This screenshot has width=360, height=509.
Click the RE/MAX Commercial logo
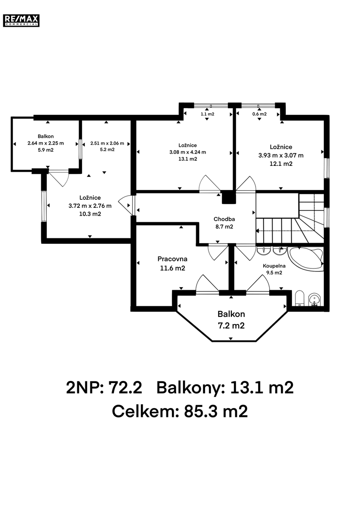click(x=21, y=20)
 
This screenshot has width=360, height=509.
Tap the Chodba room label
click(x=224, y=219)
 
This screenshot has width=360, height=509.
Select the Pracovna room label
click(x=172, y=259)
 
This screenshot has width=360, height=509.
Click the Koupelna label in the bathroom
click(x=274, y=266)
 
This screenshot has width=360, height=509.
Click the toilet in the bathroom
click(x=300, y=298)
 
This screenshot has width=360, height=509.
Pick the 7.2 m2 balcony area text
click(x=231, y=326)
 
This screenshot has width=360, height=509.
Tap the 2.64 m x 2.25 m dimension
click(x=46, y=143)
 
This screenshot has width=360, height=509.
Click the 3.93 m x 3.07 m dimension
click(x=281, y=155)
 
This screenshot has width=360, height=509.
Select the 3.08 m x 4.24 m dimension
click(x=188, y=152)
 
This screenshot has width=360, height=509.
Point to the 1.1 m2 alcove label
click(x=208, y=114)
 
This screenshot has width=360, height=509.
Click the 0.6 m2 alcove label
click(x=259, y=114)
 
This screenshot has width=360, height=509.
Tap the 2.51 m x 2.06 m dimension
click(x=107, y=143)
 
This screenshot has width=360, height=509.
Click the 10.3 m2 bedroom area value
click(x=90, y=214)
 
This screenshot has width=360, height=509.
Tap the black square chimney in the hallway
click(x=229, y=197)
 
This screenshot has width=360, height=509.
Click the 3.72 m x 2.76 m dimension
click(x=90, y=206)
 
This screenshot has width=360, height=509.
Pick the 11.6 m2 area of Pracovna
click(x=172, y=268)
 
